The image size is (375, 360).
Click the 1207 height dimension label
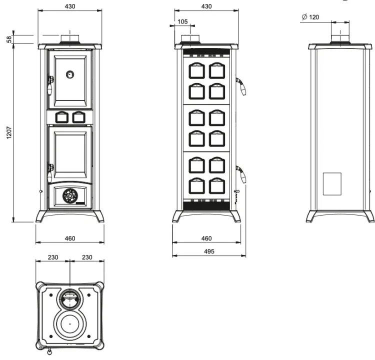pyautogui.click(x=9, y=132)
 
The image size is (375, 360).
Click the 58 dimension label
pyautogui.click(x=9, y=39)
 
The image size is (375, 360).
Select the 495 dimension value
pyautogui.click(x=209, y=251)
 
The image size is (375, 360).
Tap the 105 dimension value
pyautogui.click(x=182, y=22)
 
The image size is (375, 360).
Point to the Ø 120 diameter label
pyautogui.click(x=310, y=17)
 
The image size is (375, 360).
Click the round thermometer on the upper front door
pyautogui.click(x=70, y=74)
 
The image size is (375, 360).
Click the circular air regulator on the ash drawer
pyautogui.click(x=70, y=196)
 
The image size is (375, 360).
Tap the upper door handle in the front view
pyautogui.click(x=50, y=85)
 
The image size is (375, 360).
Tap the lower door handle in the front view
pyautogui.click(x=50, y=172)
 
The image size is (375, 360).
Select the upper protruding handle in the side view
pyautogui.click(x=241, y=86)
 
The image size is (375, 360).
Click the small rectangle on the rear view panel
pyautogui.click(x=332, y=183)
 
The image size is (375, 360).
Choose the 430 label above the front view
pyautogui.click(x=70, y=6)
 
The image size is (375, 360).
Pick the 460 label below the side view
pyautogui.click(x=206, y=238)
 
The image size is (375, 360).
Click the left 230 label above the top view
pyautogui.click(x=53, y=257)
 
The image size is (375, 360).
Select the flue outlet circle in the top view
pyautogui.click(x=70, y=299)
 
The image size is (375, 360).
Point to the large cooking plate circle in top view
pyautogui.click(x=70, y=324)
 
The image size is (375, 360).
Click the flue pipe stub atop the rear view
pyautogui.click(x=339, y=38)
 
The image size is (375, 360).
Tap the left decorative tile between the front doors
pyautogui.click(x=62, y=117)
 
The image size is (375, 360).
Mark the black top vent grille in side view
pyautogui.click(x=206, y=51)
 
